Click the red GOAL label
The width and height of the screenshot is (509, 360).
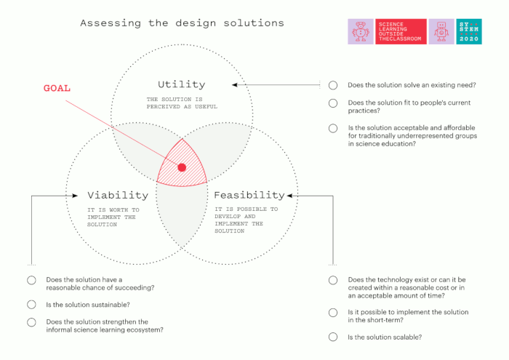pyautogui.click(x=57, y=88)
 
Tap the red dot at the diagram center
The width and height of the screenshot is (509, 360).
pyautogui.click(x=182, y=167)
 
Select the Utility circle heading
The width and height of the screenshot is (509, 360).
pyautogui.click(x=182, y=84)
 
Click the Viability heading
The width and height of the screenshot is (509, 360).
pyautogui.click(x=118, y=195)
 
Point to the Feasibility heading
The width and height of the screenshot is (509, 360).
pyautogui.click(x=249, y=195)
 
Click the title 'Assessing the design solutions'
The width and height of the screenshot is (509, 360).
pyautogui.click(x=182, y=23)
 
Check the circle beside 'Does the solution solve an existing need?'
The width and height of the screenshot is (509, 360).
pyautogui.click(x=333, y=85)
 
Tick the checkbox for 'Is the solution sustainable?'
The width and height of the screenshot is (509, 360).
pyautogui.click(x=31, y=305)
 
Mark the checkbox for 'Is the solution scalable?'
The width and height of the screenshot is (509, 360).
pyautogui.click(x=333, y=337)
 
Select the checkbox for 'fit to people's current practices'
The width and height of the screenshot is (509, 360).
pyautogui.click(x=333, y=103)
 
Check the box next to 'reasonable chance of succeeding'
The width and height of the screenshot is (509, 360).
pyautogui.click(x=31, y=280)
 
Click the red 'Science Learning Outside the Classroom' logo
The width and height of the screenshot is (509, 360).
pyautogui.click(x=401, y=31)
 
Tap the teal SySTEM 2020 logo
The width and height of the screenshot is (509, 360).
pyautogui.click(x=469, y=31)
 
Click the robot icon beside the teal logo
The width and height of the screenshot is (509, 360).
pyautogui.click(x=441, y=31)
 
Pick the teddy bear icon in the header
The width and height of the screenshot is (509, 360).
pyautogui.click(x=361, y=31)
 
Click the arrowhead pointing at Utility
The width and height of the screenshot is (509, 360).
pyautogui.click(x=234, y=84)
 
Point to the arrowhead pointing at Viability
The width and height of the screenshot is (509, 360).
pyautogui.click(x=75, y=196)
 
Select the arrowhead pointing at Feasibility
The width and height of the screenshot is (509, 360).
pyautogui.click(x=290, y=196)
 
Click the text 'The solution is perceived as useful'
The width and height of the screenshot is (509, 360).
pyautogui.click(x=182, y=103)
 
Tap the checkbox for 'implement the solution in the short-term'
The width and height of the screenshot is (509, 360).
pyautogui.click(x=333, y=313)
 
